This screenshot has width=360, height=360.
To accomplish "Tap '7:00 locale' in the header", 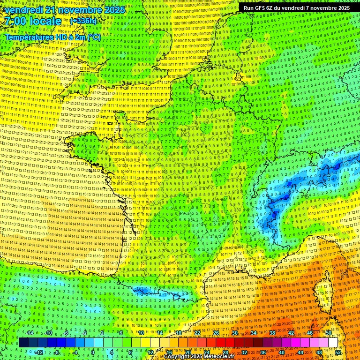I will [x=33, y=21].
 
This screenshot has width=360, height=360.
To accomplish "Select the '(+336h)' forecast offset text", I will [x=83, y=21].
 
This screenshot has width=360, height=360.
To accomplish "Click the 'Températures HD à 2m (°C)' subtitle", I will [x=53, y=37].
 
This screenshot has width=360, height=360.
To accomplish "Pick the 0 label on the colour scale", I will [x=92, y=352].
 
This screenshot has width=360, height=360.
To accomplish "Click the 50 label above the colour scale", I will [x=329, y=333].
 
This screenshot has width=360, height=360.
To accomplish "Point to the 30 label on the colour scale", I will [x=234, y=333].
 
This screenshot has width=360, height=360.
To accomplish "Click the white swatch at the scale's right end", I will [x=333, y=343].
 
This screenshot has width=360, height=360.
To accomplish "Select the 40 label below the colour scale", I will [x=281, y=352].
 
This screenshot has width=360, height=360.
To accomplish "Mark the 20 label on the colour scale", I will [x=187, y=352].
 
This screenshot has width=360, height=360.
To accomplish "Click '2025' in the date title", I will [x=114, y=10].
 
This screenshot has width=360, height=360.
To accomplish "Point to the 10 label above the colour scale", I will [x=140, y=333].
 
